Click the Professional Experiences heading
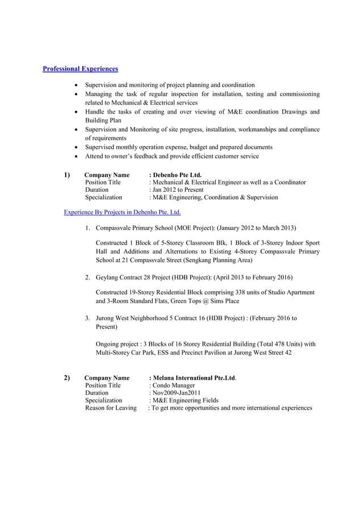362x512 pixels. (81, 69)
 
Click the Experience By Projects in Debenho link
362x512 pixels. (122, 212)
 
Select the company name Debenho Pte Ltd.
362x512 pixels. (176, 175)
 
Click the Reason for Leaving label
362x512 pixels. (111, 408)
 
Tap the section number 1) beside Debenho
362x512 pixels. (67, 175)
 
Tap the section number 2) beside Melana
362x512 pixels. (67, 378)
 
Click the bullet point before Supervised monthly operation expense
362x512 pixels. (77, 147)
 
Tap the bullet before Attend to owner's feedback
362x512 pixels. (77, 156)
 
